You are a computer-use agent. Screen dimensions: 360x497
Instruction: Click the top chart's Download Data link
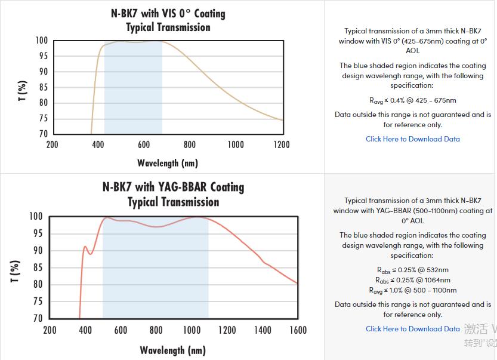[413, 139]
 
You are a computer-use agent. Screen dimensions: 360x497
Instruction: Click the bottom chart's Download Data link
[413, 329]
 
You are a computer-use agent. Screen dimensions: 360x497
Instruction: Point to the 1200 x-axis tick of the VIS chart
[282, 144]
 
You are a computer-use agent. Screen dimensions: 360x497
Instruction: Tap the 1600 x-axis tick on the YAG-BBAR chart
[298, 330]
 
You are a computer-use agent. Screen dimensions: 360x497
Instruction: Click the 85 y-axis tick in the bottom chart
[37, 267]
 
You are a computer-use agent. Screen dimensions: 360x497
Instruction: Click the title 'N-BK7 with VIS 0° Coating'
[168, 13]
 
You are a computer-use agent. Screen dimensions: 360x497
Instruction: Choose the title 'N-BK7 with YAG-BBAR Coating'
[173, 187]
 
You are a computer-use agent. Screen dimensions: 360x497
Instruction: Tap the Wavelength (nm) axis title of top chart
[168, 162]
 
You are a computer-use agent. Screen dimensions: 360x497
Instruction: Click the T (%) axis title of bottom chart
[16, 272]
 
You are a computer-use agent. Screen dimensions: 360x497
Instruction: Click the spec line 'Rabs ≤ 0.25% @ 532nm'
[412, 270]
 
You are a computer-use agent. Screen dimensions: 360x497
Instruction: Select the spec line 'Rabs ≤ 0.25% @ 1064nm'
[412, 280]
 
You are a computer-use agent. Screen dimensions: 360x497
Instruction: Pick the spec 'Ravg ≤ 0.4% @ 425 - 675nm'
[412, 100]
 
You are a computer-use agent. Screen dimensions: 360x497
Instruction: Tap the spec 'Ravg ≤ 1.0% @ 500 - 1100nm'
[412, 290]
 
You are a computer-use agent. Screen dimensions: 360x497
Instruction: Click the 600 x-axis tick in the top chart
[144, 144]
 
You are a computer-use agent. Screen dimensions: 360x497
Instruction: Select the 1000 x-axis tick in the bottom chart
[192, 330]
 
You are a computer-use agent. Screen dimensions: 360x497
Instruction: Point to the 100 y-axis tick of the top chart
[41, 41]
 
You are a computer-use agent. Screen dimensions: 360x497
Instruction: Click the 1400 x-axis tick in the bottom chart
[263, 330]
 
